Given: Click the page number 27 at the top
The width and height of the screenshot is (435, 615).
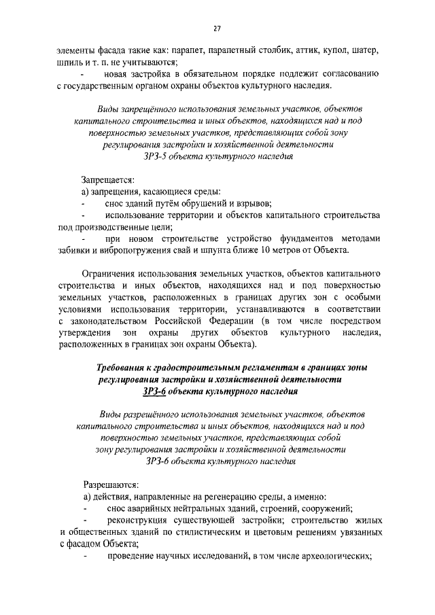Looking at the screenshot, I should coord(217,29).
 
